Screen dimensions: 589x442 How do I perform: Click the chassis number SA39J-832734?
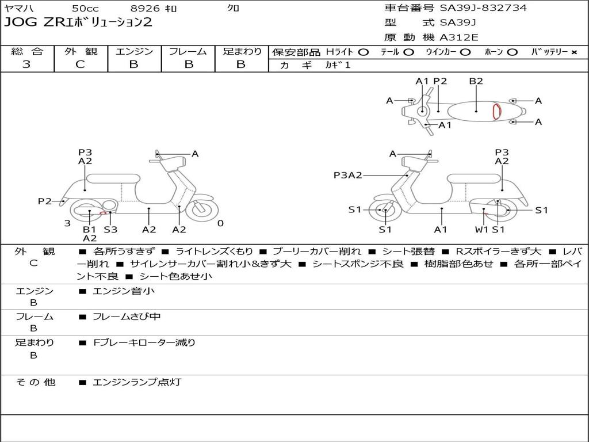point(483,8)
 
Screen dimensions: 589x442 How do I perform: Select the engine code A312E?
point(458,38)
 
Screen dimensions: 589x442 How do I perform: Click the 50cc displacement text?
point(85,9)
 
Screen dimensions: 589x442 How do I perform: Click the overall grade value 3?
point(26,64)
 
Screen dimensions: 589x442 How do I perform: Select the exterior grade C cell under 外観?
point(81,64)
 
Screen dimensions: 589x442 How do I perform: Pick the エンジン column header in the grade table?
point(134,52)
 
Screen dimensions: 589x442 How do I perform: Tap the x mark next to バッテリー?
point(573,52)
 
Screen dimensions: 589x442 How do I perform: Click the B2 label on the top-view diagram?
point(476,81)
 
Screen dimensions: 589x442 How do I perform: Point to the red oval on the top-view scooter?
point(496,112)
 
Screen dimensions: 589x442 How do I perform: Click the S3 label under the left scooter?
point(110,229)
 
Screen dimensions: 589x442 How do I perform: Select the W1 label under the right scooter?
point(481,229)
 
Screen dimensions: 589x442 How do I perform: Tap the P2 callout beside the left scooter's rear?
point(45,201)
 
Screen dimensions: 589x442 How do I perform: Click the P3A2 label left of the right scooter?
point(347,175)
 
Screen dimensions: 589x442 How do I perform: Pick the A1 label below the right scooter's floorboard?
point(441,229)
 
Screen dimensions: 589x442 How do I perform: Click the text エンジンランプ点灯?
point(137,382)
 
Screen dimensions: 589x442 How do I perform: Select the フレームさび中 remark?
point(127,317)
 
